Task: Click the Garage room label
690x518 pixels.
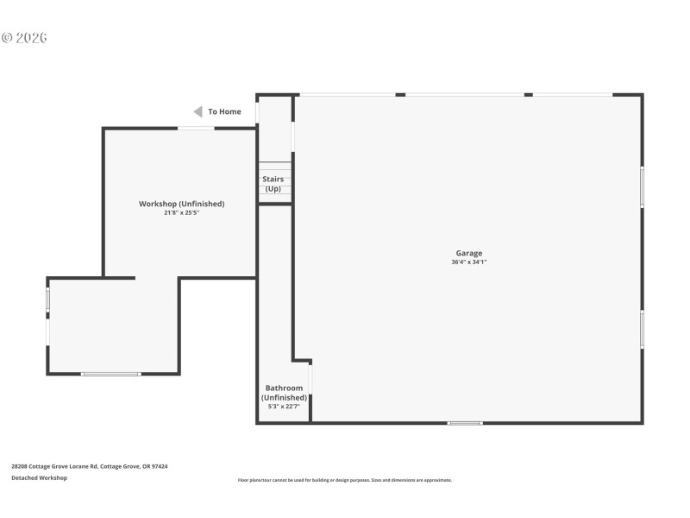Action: coord(468,253)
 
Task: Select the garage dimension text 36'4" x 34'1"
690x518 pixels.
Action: coord(468,262)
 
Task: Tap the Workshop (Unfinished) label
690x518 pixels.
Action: coord(182,204)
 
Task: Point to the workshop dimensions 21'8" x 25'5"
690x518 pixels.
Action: coord(182,212)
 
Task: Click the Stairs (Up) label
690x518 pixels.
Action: coord(273,184)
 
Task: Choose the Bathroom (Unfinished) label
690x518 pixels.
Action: coord(284,393)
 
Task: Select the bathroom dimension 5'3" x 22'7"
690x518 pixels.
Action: coord(284,406)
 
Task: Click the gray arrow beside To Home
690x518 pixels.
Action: coord(198,111)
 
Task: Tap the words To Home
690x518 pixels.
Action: coord(224,111)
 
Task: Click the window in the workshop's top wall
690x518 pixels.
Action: coord(196,129)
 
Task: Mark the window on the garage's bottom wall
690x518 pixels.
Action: coord(465,423)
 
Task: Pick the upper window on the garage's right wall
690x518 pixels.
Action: coord(642,186)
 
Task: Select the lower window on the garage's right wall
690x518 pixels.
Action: coord(642,329)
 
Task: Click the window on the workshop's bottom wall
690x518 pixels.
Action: coord(110,374)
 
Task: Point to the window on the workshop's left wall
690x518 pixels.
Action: coord(48,300)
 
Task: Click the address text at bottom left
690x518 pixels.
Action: coord(89,466)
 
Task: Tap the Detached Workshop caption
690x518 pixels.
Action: coord(39,477)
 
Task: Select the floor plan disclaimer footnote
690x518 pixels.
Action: coord(344,480)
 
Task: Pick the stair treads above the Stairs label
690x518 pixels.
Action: coord(275,167)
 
